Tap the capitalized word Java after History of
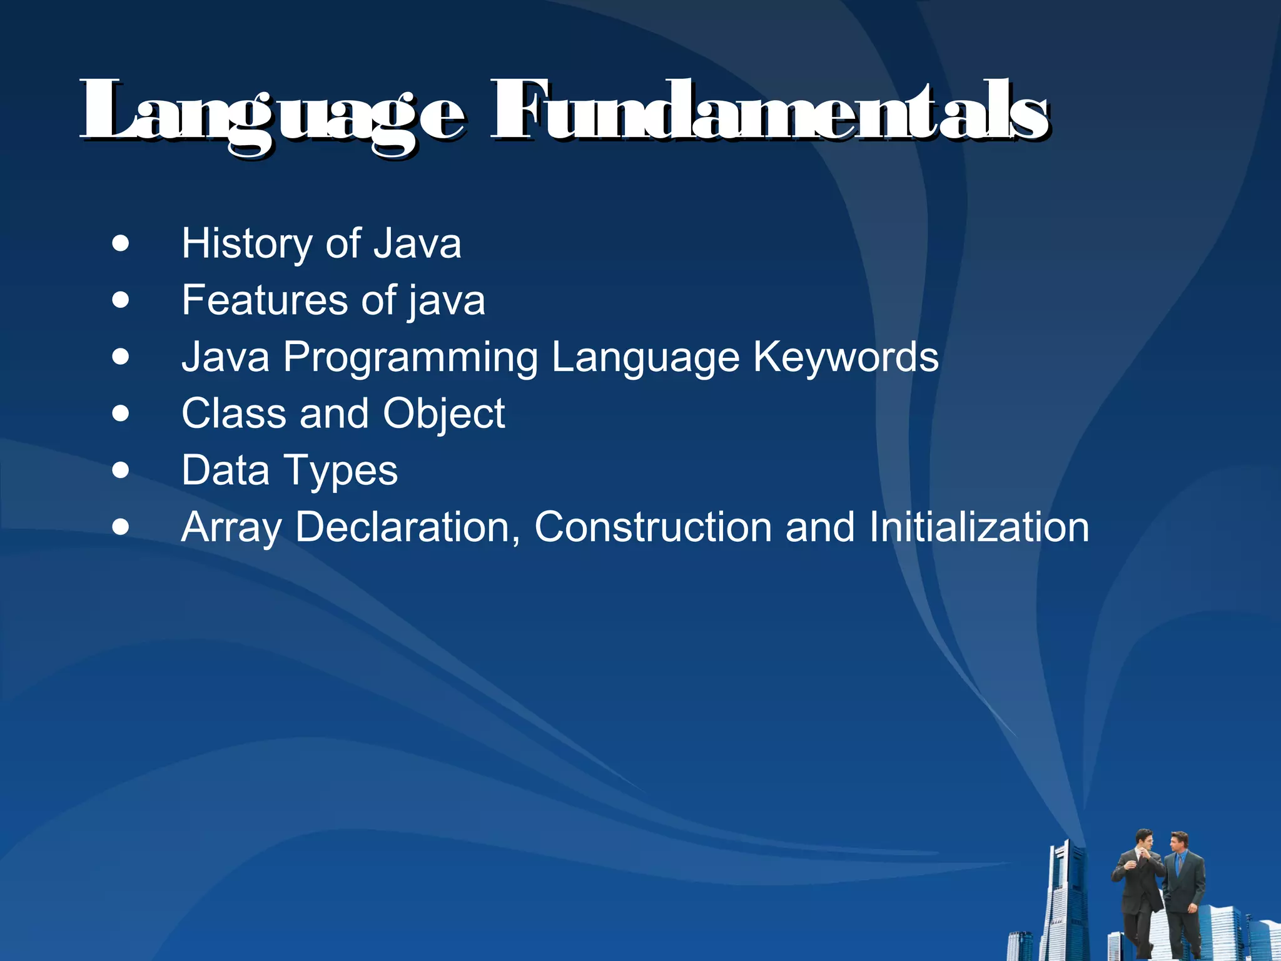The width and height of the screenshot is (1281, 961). coord(417,243)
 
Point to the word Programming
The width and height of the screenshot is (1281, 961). coord(410,358)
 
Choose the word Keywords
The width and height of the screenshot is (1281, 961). coord(845,358)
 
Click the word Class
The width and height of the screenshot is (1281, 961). coord(234,414)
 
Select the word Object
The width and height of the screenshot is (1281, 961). coord(443,415)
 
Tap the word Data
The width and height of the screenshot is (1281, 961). coord(225,470)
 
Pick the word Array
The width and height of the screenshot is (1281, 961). coord(231,527)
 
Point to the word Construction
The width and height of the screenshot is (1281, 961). coord(653,527)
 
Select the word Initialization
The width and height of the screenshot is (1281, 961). coord(979,527)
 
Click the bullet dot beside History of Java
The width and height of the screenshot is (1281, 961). coord(121,243)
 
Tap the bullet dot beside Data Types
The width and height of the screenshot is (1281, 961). coord(121,470)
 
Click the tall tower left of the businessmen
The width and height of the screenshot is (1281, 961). coord(1067,901)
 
